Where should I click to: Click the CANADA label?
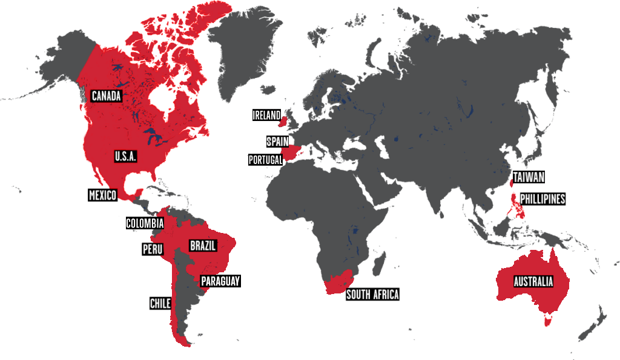(x=107, y=96)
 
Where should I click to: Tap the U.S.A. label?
(x=125, y=156)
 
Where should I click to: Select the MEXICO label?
(x=102, y=195)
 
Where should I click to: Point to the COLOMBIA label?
(x=145, y=223)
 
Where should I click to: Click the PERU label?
(x=153, y=249)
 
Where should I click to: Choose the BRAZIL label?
(x=203, y=246)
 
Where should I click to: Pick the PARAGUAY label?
(x=220, y=281)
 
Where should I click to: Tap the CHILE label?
(x=160, y=303)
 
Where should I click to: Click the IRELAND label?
(x=266, y=115)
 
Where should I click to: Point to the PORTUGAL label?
(x=266, y=160)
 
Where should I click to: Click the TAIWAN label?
(x=529, y=177)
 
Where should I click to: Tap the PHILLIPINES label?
(x=542, y=198)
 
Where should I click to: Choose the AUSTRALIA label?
(x=533, y=281)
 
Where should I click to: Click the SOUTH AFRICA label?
(x=372, y=295)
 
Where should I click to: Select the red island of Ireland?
(x=282, y=122)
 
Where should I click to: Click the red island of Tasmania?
(x=548, y=320)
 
